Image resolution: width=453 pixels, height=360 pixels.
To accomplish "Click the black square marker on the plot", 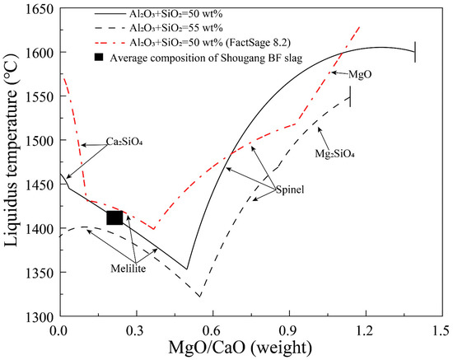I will [114, 217].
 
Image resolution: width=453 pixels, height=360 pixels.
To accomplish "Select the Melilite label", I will [127, 268].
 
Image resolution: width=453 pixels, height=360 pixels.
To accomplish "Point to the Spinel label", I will [291, 189].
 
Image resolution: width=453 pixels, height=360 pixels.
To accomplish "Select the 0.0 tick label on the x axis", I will [58, 330].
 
